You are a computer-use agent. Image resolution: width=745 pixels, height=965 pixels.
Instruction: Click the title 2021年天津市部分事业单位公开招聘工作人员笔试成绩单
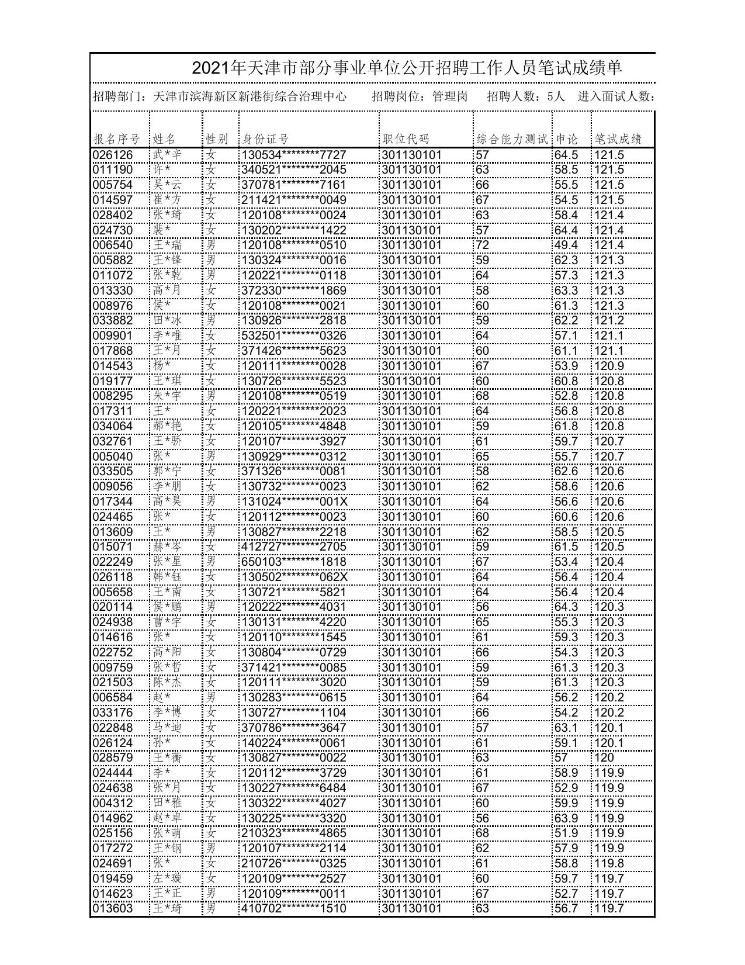point(407,68)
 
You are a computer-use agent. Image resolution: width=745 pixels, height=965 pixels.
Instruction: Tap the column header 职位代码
point(406,139)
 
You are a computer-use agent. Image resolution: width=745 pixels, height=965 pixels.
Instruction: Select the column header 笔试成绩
point(618,139)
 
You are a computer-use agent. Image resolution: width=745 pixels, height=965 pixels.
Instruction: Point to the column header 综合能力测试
point(512,139)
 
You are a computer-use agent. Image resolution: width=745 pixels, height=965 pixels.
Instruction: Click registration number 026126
point(113,155)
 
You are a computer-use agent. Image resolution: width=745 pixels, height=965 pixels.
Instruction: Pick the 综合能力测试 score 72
point(482,245)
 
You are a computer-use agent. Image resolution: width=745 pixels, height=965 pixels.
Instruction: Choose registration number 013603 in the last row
point(113,908)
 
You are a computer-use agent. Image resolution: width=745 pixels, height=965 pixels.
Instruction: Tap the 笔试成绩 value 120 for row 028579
point(604,758)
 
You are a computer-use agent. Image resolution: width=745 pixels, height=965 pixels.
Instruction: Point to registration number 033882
point(113,320)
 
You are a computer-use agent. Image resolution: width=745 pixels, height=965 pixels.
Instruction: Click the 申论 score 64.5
point(566,155)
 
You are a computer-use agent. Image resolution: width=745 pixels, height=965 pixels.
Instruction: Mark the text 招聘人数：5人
point(526,96)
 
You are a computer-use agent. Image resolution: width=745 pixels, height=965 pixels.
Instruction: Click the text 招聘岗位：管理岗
point(420,96)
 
